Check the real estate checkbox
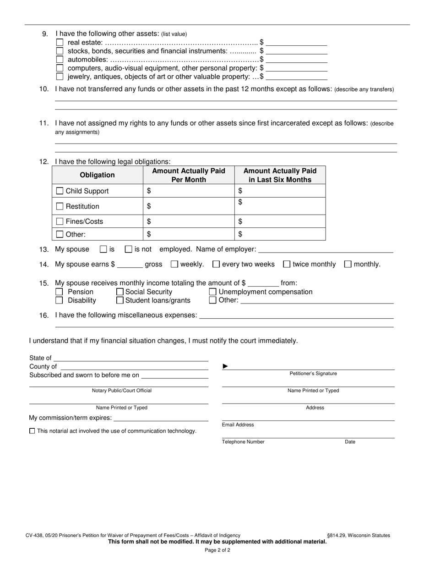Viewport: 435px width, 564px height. pyautogui.click(x=60, y=43)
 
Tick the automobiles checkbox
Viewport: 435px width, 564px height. pyautogui.click(x=60, y=60)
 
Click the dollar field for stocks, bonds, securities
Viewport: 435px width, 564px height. pyautogui.click(x=296, y=51)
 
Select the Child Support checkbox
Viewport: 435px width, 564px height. pyautogui.click(x=60, y=191)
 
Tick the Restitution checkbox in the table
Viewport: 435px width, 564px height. pyautogui.click(x=60, y=206)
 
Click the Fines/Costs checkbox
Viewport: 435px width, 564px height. pyautogui.click(x=60, y=221)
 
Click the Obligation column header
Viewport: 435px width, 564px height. pyautogui.click(x=97, y=175)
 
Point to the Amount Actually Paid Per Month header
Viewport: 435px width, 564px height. pyautogui.click(x=189, y=175)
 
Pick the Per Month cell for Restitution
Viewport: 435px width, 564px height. pyautogui.click(x=189, y=206)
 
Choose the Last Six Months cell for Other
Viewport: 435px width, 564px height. pyautogui.click(x=280, y=234)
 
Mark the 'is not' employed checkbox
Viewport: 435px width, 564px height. pyautogui.click(x=129, y=249)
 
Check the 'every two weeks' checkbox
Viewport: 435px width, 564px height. pyautogui.click(x=216, y=264)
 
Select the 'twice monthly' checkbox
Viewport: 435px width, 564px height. pyautogui.click(x=287, y=264)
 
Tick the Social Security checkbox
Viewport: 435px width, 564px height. pyautogui.click(x=120, y=292)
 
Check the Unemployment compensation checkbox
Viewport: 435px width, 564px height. pyautogui.click(x=213, y=292)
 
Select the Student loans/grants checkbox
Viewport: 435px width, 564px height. pyautogui.click(x=120, y=300)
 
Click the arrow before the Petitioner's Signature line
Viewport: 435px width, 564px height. pyautogui.click(x=225, y=366)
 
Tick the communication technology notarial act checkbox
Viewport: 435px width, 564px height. pyautogui.click(x=32, y=431)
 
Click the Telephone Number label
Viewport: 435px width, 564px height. pyautogui.click(x=243, y=442)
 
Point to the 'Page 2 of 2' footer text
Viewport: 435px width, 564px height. pyautogui.click(x=217, y=550)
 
